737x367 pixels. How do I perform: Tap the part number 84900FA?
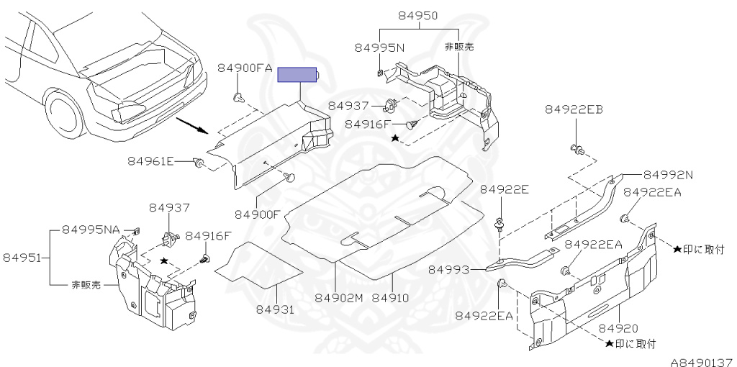click(x=245, y=68)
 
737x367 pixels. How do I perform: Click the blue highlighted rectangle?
click(x=298, y=74)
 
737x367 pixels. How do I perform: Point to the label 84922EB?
click(x=574, y=109)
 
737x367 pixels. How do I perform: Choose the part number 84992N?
click(x=668, y=175)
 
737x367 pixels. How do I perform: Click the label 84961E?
click(x=151, y=160)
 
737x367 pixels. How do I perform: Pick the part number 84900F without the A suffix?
click(x=258, y=214)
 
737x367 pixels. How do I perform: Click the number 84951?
click(x=24, y=257)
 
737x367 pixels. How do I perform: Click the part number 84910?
click(x=392, y=297)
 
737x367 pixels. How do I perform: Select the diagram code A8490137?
click(x=702, y=360)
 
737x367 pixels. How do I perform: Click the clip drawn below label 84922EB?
click(x=577, y=150)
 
